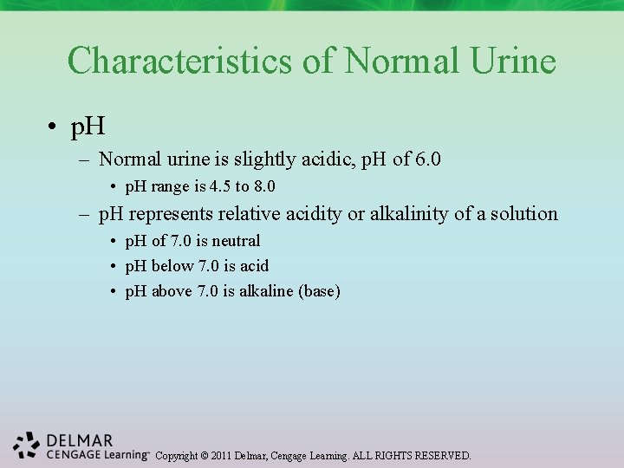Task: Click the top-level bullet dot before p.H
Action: [x=54, y=128]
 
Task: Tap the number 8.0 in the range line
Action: [x=264, y=186]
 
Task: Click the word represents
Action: [x=172, y=213]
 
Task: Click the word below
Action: [x=173, y=266]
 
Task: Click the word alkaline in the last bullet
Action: [x=266, y=291]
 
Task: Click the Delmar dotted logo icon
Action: [x=27, y=445]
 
